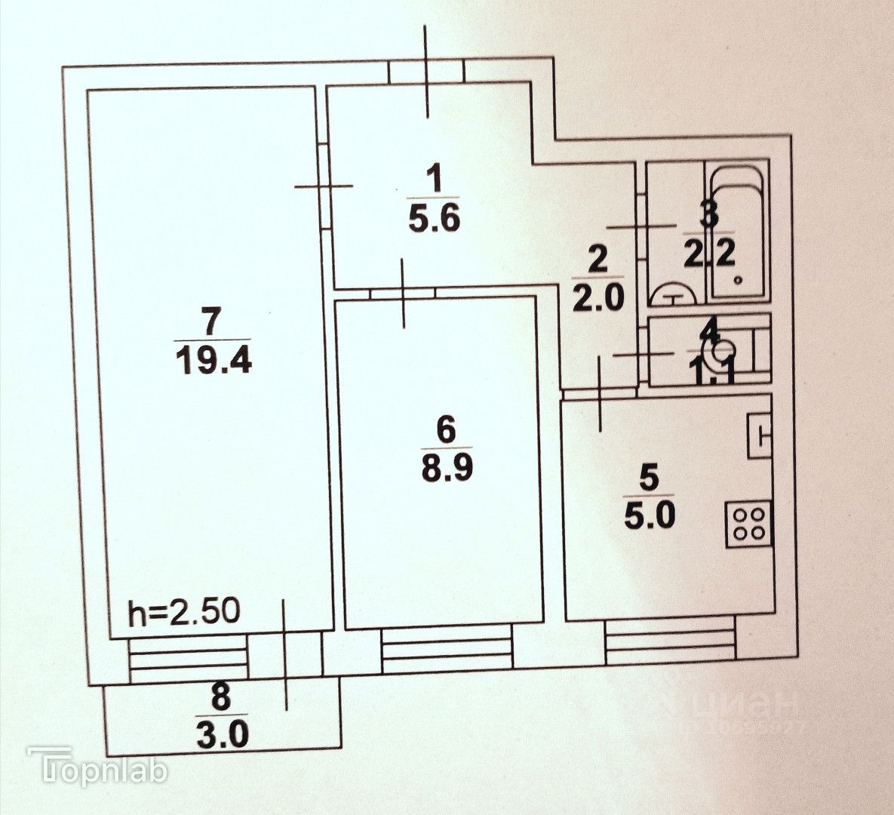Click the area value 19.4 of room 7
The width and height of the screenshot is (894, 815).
(214, 359)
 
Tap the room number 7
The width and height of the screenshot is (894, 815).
(213, 321)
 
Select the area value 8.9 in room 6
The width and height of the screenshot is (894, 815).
(445, 469)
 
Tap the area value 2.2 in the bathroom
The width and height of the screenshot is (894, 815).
(709, 256)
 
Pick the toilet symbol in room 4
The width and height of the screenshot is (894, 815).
(721, 351)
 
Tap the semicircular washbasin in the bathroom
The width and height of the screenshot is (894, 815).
(674, 293)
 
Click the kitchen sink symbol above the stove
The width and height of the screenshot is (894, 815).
(760, 435)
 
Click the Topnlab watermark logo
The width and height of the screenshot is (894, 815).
(99, 770)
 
